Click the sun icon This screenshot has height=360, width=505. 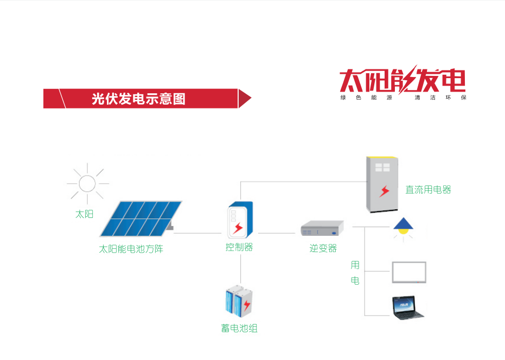87,183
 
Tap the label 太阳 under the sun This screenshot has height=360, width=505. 84,214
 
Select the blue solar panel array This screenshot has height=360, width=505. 140,218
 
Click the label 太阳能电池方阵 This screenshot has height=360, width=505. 131,249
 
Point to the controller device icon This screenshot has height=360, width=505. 239,220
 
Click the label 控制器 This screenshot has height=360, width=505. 239,247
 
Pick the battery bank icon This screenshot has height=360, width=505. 239,301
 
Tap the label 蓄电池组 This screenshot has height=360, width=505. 239,328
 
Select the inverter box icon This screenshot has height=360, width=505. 323,228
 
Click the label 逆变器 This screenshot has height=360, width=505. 323,248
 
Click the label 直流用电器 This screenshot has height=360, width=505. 428,190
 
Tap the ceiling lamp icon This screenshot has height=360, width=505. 402,227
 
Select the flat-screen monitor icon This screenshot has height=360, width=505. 408,272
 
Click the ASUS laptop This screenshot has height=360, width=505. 409,307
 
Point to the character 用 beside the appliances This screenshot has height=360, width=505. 355,265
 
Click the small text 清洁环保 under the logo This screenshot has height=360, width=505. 439,98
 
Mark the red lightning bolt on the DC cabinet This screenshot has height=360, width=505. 385,191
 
